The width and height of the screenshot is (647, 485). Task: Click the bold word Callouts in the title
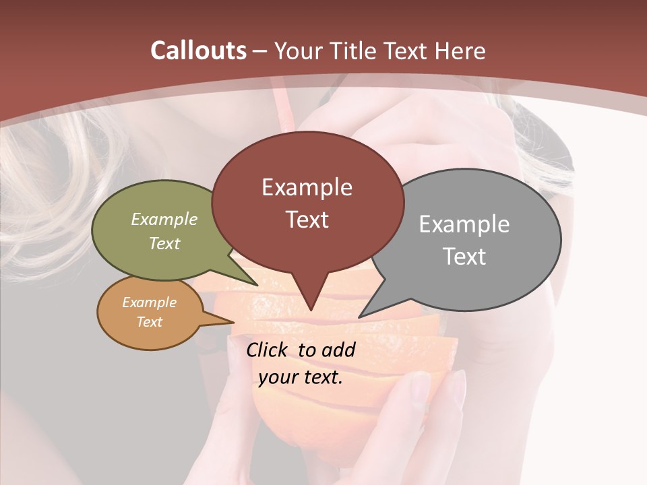click(x=198, y=51)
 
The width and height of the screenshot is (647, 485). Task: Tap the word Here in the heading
click(x=460, y=51)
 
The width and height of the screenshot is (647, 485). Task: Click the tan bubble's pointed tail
click(x=229, y=321)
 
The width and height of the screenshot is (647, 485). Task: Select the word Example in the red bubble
click(x=307, y=187)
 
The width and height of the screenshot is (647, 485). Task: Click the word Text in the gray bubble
click(x=464, y=257)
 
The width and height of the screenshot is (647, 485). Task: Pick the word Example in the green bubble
click(x=164, y=219)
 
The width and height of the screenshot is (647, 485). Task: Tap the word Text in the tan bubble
click(x=149, y=322)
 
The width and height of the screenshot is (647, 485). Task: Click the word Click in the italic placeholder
click(x=268, y=350)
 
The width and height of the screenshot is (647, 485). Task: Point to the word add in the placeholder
click(x=338, y=350)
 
